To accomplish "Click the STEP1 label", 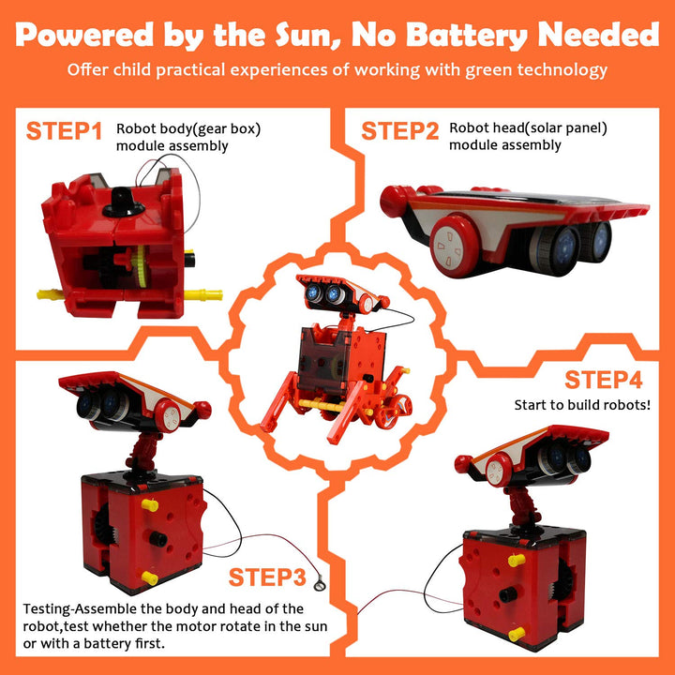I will click(64, 131).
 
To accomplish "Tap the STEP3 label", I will click(267, 577).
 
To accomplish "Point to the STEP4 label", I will click(603, 381).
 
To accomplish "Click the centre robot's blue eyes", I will click(322, 294).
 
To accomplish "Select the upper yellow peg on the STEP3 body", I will click(149, 505).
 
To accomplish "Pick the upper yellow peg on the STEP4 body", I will click(514, 560).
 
